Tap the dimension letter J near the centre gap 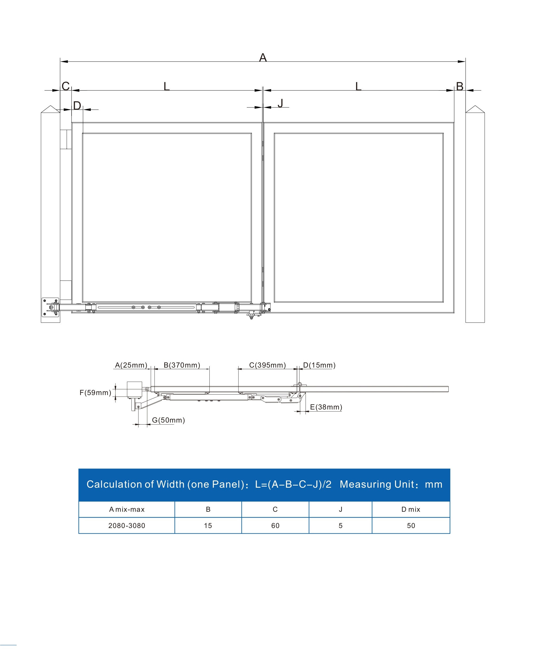tap(280, 103)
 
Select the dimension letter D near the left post tap(77, 105)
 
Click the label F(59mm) tap(95, 392)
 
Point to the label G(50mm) tap(168, 420)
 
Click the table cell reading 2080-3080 tap(127, 526)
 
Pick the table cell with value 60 tap(275, 526)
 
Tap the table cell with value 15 tap(208, 526)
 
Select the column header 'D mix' tap(411, 509)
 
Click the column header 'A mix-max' tap(127, 509)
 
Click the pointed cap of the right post tap(475, 109)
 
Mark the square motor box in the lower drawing tap(134, 389)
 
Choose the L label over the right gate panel tap(358, 86)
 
